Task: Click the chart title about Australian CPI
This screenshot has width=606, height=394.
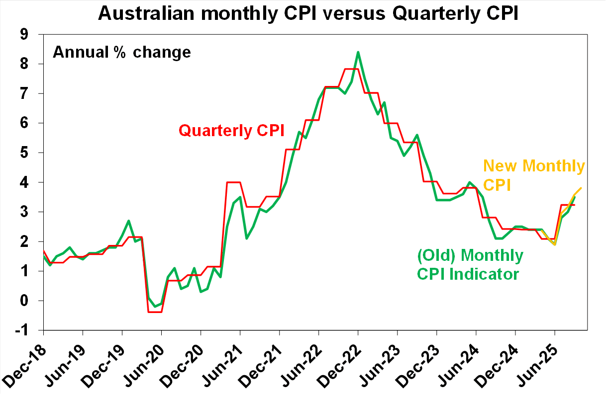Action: point(308,13)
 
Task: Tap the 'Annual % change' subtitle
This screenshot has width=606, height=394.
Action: point(122,52)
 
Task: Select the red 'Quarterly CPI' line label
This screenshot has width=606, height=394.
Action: point(231,131)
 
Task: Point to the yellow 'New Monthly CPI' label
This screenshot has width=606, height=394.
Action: point(533,175)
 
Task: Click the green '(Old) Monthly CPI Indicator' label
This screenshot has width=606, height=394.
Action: point(470,264)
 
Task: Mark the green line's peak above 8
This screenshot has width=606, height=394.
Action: point(358,52)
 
